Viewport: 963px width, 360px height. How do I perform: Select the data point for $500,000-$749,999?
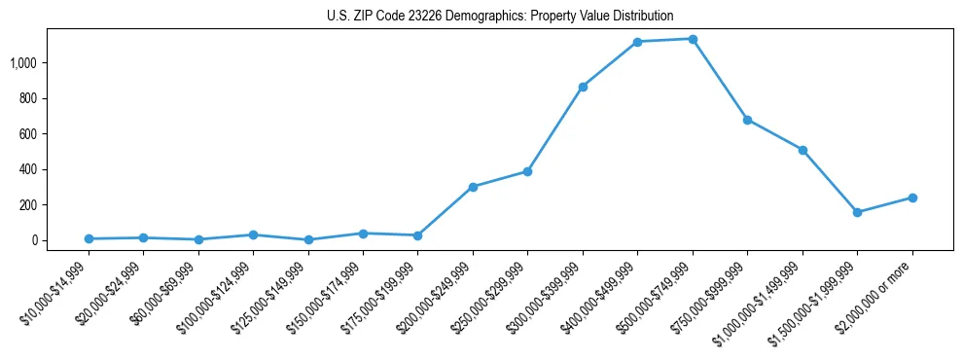click(x=693, y=39)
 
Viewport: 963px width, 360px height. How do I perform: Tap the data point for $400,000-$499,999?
click(x=637, y=42)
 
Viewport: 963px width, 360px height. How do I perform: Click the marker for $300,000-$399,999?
click(x=583, y=87)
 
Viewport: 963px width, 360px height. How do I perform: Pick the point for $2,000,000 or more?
click(x=912, y=198)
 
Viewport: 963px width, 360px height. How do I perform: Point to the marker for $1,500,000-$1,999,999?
click(x=857, y=212)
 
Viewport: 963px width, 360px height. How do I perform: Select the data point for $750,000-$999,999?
click(x=747, y=120)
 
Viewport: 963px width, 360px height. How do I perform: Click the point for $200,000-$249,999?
click(x=473, y=187)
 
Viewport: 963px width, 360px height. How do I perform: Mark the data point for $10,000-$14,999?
click(x=89, y=238)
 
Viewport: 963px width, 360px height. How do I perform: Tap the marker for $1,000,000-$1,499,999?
click(x=802, y=150)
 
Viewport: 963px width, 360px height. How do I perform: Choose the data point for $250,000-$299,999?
click(x=527, y=171)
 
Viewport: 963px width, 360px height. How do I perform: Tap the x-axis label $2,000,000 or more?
click(x=874, y=287)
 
